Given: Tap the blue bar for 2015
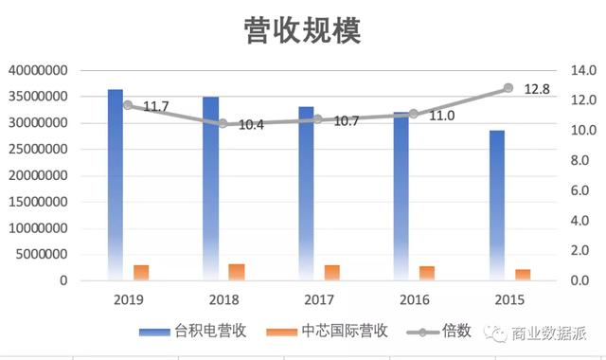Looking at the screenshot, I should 497,205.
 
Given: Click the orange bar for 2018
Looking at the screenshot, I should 237,272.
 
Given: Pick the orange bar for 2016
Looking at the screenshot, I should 427,273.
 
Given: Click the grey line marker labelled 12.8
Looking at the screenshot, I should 508,87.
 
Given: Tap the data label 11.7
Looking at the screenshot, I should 155,106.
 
